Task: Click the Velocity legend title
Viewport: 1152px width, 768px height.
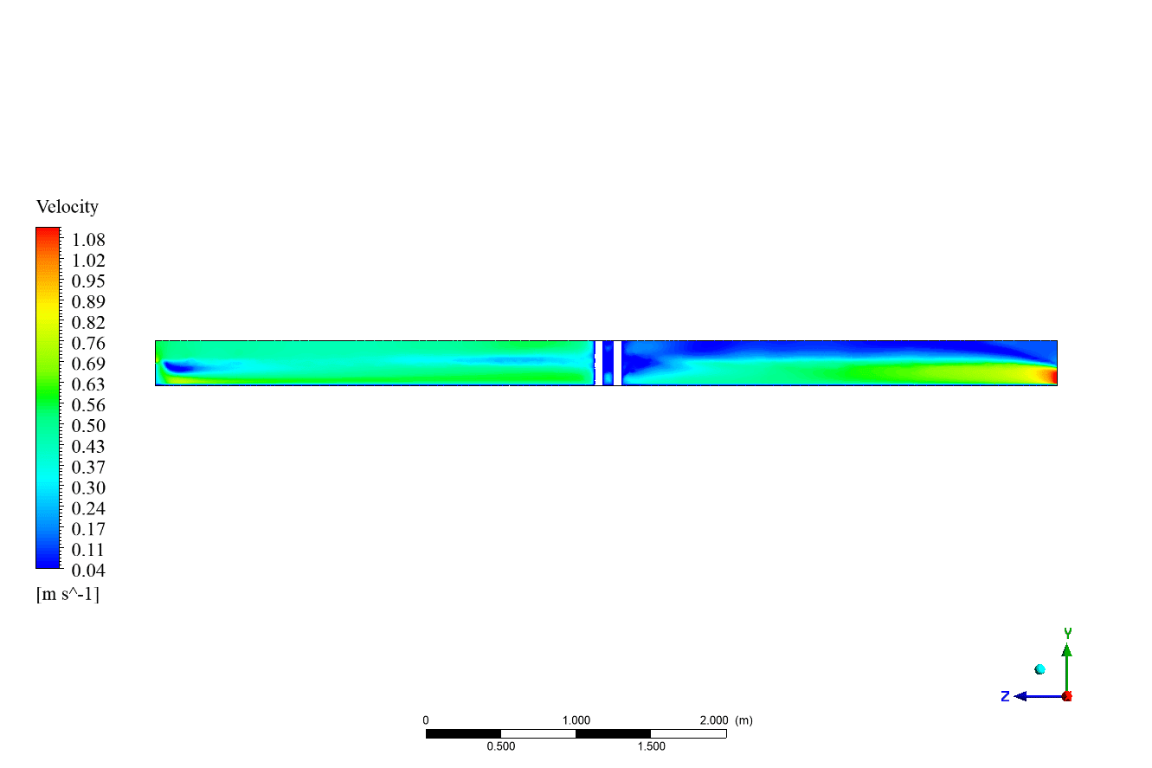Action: click(x=67, y=207)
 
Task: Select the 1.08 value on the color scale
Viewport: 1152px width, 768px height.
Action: click(x=88, y=240)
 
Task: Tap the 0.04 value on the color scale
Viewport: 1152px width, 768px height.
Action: click(x=88, y=571)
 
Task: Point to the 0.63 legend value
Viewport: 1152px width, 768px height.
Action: click(x=88, y=384)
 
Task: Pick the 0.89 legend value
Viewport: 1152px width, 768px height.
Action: click(x=88, y=302)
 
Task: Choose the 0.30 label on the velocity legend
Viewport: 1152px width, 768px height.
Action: click(x=88, y=487)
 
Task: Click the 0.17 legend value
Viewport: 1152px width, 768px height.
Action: click(x=88, y=529)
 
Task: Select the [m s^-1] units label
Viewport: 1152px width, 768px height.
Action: click(x=68, y=595)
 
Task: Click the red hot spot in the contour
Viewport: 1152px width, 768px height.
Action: click(x=1052, y=376)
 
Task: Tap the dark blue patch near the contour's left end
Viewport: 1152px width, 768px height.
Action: click(x=178, y=367)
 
